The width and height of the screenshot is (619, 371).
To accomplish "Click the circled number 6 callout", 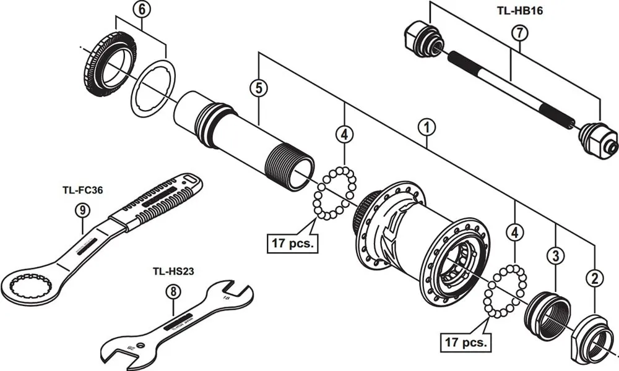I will click(142, 9).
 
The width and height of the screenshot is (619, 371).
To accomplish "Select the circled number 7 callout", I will click(519, 33).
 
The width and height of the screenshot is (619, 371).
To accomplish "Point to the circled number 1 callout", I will click(426, 127).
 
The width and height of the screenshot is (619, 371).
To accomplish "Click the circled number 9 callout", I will click(82, 210).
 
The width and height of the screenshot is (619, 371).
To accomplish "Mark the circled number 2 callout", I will click(595, 279).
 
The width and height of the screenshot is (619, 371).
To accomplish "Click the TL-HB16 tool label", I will click(520, 11).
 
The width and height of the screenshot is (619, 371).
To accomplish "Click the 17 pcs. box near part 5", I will click(292, 242).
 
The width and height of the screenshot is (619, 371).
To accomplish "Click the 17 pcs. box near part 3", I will click(465, 340).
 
